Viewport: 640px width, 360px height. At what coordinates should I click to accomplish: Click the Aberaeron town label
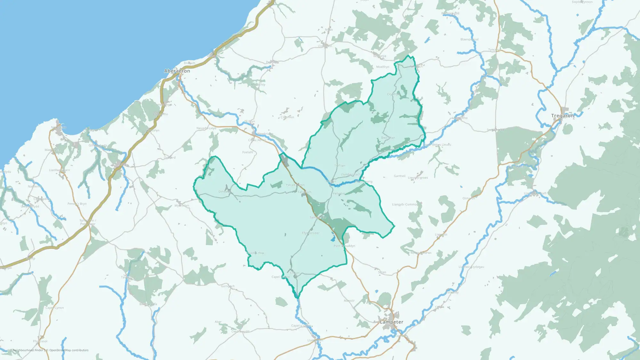click(177, 71)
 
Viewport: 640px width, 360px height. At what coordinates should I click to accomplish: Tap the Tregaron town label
click(562, 116)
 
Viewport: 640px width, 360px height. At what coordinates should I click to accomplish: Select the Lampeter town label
click(391, 322)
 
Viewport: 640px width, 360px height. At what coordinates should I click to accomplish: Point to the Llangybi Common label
click(405, 204)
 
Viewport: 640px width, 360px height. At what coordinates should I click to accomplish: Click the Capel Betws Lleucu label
click(437, 145)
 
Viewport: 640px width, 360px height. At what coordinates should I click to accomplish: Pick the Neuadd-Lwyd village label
click(206, 128)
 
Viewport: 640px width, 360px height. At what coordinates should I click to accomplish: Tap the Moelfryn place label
click(383, 67)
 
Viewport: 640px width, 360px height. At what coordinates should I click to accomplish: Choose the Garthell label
click(400, 176)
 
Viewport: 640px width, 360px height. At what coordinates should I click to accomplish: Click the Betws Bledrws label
click(421, 253)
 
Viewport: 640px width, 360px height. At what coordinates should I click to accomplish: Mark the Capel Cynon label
click(54, 308)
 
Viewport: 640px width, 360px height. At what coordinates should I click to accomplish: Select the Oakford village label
click(170, 158)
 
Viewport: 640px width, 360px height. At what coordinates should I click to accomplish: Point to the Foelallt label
click(248, 152)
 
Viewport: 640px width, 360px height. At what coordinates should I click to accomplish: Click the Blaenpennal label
click(469, 39)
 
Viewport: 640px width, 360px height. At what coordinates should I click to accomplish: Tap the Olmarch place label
click(468, 198)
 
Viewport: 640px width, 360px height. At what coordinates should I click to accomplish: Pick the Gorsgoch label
click(228, 286)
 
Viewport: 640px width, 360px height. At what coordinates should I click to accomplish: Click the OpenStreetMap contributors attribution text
click(69, 350)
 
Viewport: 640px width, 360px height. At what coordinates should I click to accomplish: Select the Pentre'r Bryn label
click(77, 204)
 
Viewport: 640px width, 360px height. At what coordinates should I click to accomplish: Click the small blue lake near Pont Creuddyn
click(333, 238)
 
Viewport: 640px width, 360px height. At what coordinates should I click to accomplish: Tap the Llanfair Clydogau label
click(471, 267)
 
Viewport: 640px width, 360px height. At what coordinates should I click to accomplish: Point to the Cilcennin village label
click(287, 117)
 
